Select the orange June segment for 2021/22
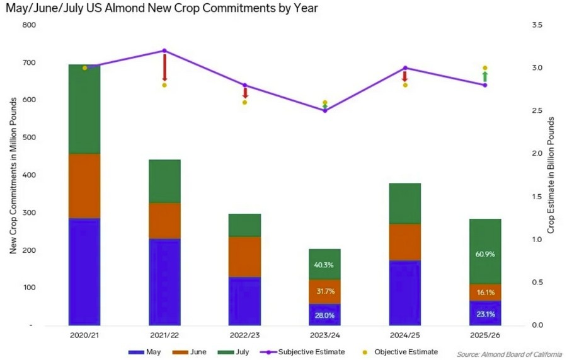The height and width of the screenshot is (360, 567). (164, 221)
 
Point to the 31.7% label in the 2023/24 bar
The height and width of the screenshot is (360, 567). (324, 291)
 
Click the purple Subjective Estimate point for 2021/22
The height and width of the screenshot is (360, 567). (164, 50)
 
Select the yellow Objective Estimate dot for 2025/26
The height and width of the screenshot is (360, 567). (485, 68)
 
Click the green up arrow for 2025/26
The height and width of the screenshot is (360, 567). (485, 76)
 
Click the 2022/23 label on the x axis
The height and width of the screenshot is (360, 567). (244, 335)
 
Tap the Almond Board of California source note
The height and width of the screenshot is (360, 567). (510, 354)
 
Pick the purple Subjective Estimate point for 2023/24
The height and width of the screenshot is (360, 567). (324, 111)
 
